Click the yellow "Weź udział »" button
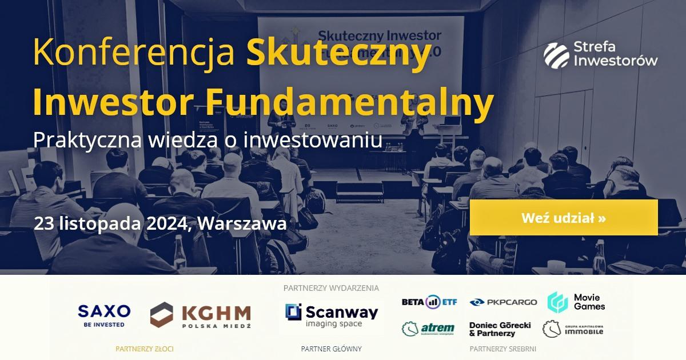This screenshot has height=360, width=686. pos(564,218)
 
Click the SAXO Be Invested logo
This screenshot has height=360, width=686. pos(104,315)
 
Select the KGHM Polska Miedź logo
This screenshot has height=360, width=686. pos(200,315)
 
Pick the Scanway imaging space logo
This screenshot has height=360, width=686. pos(332,315)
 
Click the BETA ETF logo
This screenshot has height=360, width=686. pos(428,302)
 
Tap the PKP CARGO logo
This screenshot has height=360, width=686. pos(503,302)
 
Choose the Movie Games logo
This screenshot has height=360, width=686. pos(576,301)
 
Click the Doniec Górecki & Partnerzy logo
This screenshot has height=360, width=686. pos(500,329)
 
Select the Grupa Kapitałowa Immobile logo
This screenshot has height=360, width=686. pos(573,329)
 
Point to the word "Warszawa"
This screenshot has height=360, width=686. pos(242,223)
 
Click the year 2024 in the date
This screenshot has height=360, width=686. pos(166,223)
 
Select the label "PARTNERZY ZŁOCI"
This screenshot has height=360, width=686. pos(144,348)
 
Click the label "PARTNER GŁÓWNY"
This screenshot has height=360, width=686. pos(331,348)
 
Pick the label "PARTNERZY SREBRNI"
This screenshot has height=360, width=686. pos(502,348)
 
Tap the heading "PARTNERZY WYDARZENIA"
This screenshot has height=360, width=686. pos(331,288)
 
